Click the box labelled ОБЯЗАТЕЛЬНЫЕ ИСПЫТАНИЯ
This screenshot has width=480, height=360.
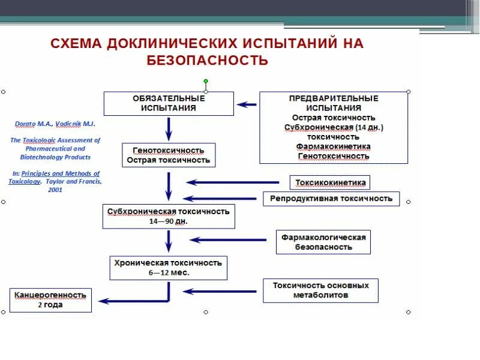click(x=169, y=103)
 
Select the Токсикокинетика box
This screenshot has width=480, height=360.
click(x=329, y=182)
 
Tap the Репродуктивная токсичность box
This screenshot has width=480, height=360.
click(x=331, y=199)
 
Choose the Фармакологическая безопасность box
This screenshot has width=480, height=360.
click(x=323, y=242)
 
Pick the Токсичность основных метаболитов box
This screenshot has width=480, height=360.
click(x=320, y=290)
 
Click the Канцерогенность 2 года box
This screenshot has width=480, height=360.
click(x=50, y=300)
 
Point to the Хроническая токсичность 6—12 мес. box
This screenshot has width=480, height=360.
click(x=168, y=268)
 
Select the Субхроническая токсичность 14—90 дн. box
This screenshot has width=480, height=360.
click(x=168, y=217)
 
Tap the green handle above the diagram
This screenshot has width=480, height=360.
click(x=205, y=81)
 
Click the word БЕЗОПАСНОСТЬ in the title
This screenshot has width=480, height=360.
click(x=207, y=60)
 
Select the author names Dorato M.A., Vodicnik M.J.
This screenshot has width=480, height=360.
click(x=55, y=124)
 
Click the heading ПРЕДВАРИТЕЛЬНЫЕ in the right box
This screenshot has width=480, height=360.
click(x=333, y=98)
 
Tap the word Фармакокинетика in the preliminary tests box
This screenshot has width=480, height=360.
click(x=333, y=146)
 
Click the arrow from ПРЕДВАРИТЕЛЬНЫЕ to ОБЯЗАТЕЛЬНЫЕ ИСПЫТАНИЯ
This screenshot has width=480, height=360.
click(x=247, y=104)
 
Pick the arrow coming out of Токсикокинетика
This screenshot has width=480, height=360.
click(x=233, y=182)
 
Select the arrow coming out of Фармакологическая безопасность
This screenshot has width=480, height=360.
click(x=228, y=240)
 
